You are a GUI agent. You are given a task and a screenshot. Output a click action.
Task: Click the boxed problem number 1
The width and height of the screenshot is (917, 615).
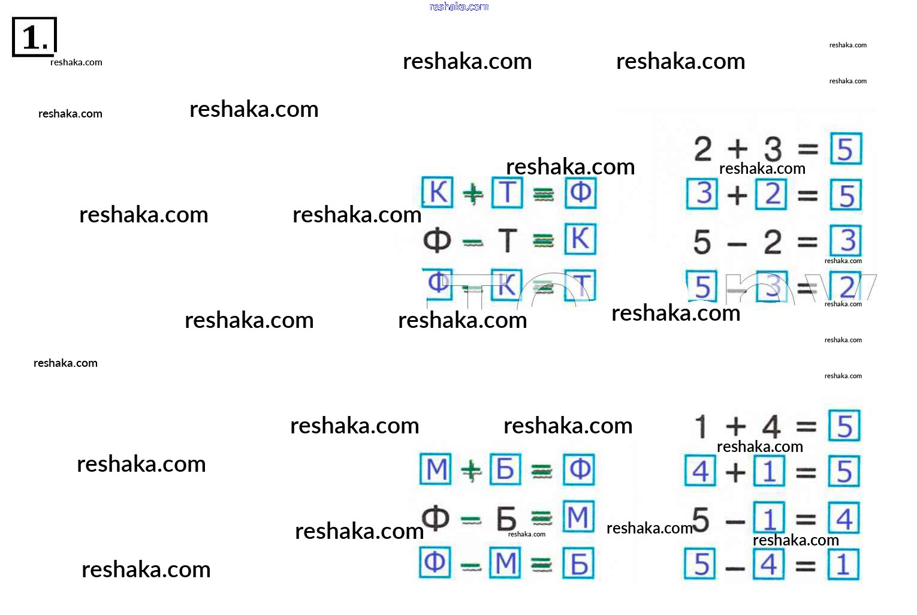pos(34,37)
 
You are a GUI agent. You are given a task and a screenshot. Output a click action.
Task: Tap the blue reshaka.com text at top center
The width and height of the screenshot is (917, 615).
pos(459,7)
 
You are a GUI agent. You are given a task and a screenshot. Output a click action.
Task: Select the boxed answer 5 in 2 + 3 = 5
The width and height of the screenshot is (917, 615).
pos(846,149)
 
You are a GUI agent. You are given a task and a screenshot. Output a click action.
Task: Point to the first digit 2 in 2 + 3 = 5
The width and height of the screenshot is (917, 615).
pos(702,149)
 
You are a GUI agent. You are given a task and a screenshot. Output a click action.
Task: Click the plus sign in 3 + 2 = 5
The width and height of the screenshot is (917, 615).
pos(737,195)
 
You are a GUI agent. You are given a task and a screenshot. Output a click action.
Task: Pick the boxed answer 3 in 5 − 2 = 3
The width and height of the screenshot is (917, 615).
pos(846,241)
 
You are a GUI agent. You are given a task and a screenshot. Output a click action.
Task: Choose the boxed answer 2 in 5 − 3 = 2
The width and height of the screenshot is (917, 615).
pos(846,287)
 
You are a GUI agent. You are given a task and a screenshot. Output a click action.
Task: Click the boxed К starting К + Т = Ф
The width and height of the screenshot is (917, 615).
pos(438,192)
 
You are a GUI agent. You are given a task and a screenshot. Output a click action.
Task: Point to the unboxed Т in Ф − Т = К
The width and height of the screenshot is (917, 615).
pos(507,240)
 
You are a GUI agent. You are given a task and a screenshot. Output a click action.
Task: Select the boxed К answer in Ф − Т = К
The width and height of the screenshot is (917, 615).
pos(580,239)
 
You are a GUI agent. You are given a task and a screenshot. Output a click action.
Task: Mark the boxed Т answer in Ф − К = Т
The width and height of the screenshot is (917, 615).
pos(580,285)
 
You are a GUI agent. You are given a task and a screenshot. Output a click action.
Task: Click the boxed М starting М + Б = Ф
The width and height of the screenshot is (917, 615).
pos(436,469)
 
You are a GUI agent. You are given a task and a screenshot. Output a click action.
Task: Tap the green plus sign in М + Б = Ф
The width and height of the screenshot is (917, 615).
pos(472,471)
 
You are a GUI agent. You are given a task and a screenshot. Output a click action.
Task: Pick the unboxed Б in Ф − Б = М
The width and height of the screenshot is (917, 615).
pos(506,518)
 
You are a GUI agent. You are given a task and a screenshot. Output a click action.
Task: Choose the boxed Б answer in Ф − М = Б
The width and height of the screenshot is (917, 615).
pos(578,564)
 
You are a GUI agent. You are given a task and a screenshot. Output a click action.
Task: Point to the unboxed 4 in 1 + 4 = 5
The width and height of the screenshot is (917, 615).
pos(771,427)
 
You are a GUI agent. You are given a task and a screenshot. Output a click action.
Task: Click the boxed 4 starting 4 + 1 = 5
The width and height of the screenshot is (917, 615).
pos(700,471)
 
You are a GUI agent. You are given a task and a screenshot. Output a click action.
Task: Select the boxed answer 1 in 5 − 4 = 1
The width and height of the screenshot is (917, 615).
pos(843,565)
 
